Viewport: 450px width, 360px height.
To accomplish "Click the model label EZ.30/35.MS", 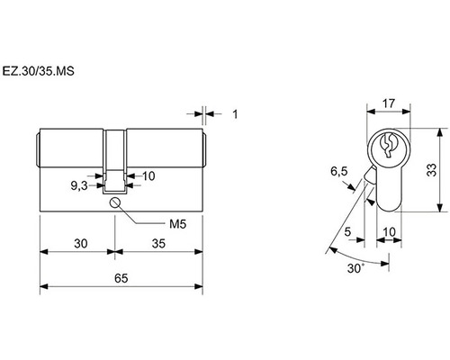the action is pos(38,71).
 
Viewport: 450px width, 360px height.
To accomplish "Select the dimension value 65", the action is pos(121,278).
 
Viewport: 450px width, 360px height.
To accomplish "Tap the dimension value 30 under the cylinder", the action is pos(81,244).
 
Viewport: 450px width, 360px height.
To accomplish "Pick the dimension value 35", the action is pos(158,244).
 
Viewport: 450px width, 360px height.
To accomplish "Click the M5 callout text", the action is pos(178,224).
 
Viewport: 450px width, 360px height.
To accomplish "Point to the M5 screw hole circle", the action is pos(115,202).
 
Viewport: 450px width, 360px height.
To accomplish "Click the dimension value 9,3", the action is pos(79,186).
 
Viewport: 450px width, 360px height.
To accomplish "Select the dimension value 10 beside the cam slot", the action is pos(148,176).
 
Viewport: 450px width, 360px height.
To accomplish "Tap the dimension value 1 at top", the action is pos(235,114).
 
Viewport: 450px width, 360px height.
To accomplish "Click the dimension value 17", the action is pos(389,103).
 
